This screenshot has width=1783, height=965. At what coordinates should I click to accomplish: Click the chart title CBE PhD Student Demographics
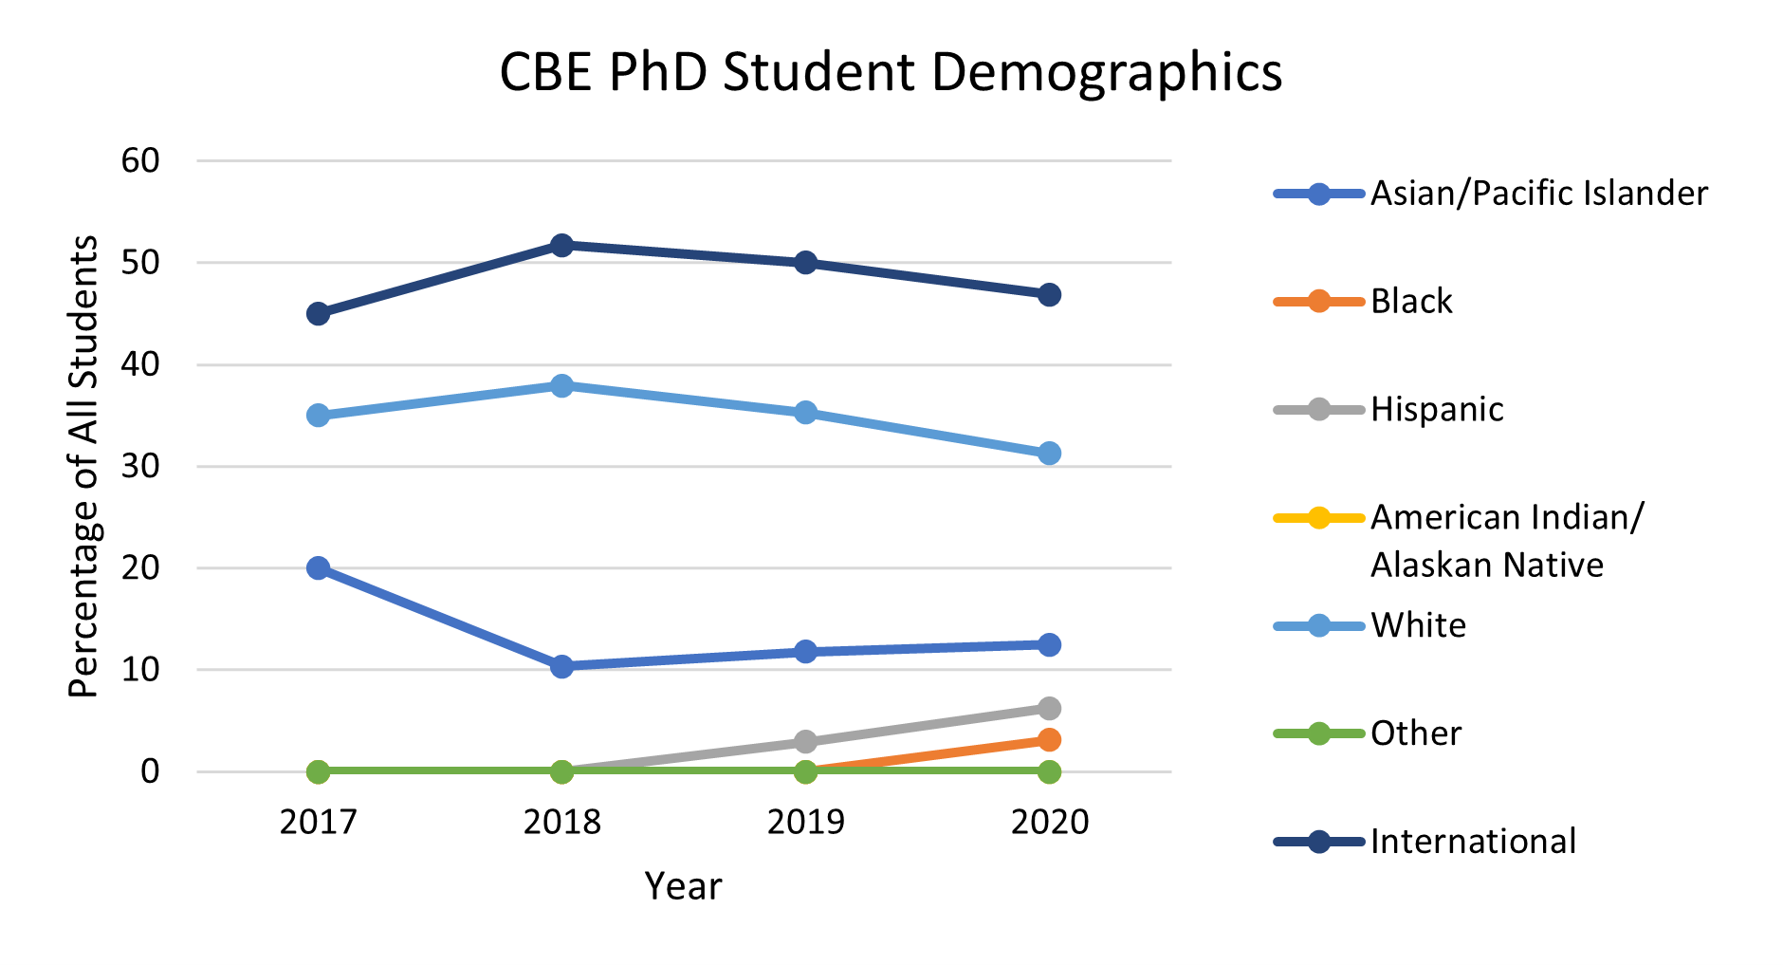890,72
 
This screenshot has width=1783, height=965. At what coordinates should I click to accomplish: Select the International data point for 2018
561,246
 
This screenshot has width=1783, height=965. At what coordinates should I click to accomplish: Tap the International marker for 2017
319,313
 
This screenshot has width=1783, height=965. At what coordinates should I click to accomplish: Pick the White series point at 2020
1049,454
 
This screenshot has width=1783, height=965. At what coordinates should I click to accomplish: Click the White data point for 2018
561,385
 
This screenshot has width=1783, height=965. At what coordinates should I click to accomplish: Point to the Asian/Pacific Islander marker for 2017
319,568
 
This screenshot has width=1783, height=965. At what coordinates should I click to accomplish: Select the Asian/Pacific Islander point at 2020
1049,644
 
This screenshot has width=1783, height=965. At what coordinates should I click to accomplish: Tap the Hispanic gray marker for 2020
1049,709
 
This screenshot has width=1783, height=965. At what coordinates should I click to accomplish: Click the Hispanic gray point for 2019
805,741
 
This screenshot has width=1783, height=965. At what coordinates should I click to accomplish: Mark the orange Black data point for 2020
1049,739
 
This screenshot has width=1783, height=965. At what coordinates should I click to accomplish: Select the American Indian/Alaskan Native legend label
1506,541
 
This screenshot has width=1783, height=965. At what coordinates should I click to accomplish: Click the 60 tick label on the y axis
140,160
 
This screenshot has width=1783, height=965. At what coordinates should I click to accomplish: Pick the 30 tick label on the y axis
140,466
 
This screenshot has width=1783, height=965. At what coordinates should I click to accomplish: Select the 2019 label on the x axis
805,822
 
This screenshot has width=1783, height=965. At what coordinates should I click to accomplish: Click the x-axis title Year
683,886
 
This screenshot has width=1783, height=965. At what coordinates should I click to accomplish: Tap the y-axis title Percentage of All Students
84,466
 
